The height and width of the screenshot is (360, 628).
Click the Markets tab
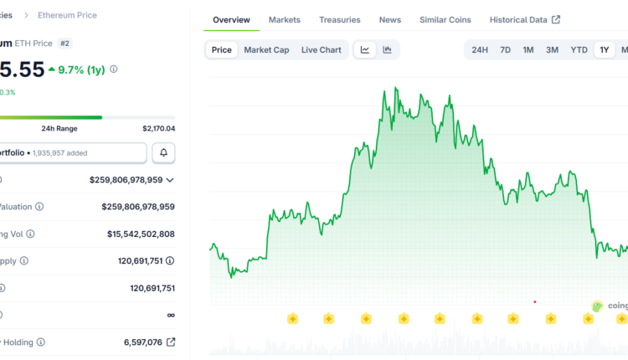point(285,19)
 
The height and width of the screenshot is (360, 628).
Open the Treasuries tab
point(339,19)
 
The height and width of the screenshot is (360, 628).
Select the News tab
point(389,19)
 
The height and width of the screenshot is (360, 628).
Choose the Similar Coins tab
point(445,19)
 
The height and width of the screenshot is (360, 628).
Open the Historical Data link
point(524,19)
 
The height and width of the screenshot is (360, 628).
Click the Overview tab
point(232,19)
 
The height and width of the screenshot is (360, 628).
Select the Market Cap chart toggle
point(266,49)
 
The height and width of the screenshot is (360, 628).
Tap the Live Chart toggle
point(321,49)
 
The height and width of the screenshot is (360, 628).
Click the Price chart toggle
point(222,49)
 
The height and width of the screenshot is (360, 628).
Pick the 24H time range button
point(480,49)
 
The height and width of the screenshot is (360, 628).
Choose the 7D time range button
point(505,49)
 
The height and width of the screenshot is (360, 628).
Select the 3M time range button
point(552,49)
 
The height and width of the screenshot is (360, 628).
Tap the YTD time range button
point(579,49)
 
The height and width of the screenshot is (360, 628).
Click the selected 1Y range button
point(604,49)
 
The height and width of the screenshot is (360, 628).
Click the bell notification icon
point(163,152)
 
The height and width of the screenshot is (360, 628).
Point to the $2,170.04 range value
point(158,128)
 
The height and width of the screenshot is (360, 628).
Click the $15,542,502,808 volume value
point(141,234)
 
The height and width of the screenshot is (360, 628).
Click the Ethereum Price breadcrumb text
point(67,15)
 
